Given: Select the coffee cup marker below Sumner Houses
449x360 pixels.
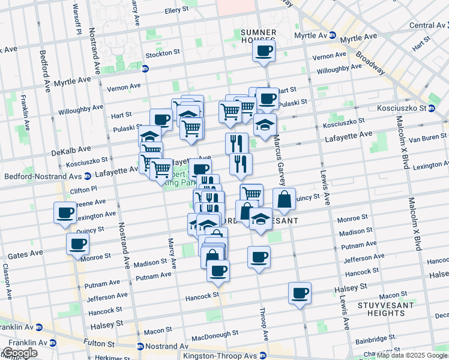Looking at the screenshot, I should (x=264, y=52).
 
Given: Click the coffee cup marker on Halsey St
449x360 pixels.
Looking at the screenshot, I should (x=300, y=293).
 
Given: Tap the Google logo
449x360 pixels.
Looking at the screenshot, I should (x=20, y=353).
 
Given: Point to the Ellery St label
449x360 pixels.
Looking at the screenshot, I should (x=176, y=10).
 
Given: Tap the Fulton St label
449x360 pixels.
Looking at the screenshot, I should (x=95, y=344).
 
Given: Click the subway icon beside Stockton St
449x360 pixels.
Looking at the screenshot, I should (x=145, y=68).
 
